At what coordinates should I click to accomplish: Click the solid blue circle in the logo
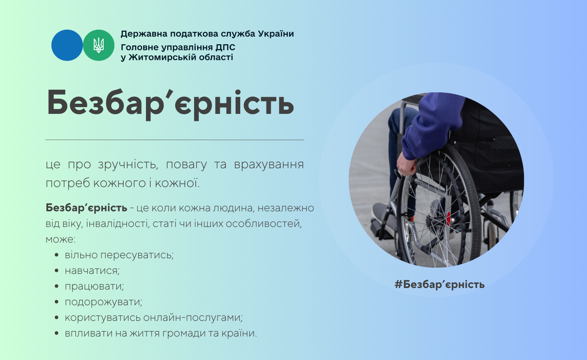point(67,45)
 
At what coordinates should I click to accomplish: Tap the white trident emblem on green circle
point(99,45)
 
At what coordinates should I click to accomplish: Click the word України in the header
point(276,34)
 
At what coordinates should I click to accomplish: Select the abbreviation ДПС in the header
point(225,47)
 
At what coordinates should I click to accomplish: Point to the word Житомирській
point(162,58)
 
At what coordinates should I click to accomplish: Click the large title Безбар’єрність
point(170,104)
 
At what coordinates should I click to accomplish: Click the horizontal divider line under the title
point(175,140)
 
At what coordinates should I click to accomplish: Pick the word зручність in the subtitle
point(128,165)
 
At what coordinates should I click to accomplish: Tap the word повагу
point(186,165)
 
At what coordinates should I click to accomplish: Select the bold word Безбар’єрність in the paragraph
point(86,208)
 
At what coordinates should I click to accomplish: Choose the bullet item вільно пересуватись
point(119,255)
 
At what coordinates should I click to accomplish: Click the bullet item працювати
point(94,286)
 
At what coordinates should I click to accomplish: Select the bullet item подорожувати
point(104,302)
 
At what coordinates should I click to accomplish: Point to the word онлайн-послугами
point(193,318)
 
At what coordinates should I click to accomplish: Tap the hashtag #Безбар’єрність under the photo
point(439,284)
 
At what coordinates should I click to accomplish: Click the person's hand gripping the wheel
point(406,164)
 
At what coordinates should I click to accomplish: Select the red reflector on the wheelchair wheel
point(448,218)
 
